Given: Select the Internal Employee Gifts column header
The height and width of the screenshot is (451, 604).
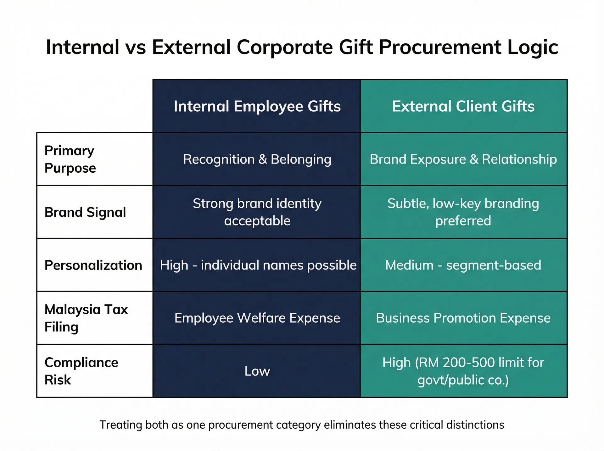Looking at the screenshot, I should tap(257, 106).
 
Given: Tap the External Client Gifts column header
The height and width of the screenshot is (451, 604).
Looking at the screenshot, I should tap(463, 106).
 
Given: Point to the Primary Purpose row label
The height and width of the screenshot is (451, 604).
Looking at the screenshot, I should tap(70, 159).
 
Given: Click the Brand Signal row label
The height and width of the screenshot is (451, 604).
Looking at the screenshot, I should tap(85, 212).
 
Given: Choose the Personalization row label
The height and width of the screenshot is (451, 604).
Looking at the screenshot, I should tap(93, 265).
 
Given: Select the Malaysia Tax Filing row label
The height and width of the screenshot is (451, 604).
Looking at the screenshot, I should tap(86, 318).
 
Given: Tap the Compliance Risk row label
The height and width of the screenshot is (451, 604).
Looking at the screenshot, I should tap(81, 371).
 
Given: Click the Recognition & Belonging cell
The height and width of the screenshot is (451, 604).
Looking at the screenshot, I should tap(257, 159).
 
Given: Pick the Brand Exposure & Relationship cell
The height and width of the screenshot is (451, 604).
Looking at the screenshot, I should tap(463, 159).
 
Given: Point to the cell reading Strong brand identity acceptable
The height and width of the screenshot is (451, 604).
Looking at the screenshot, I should tap(257, 212).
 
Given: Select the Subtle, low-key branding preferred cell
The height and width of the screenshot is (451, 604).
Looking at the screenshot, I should tap(463, 212).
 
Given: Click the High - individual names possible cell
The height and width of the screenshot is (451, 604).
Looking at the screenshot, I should tap(258, 265).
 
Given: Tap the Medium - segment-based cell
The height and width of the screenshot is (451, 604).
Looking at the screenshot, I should tap(463, 265).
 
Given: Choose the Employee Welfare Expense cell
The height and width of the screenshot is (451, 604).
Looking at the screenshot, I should tap(257, 318).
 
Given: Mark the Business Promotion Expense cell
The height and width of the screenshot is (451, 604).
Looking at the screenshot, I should tap(463, 318).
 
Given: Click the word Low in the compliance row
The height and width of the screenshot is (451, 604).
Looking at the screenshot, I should tap(257, 371).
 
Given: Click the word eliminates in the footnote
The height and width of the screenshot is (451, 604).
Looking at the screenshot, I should tap(350, 425).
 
